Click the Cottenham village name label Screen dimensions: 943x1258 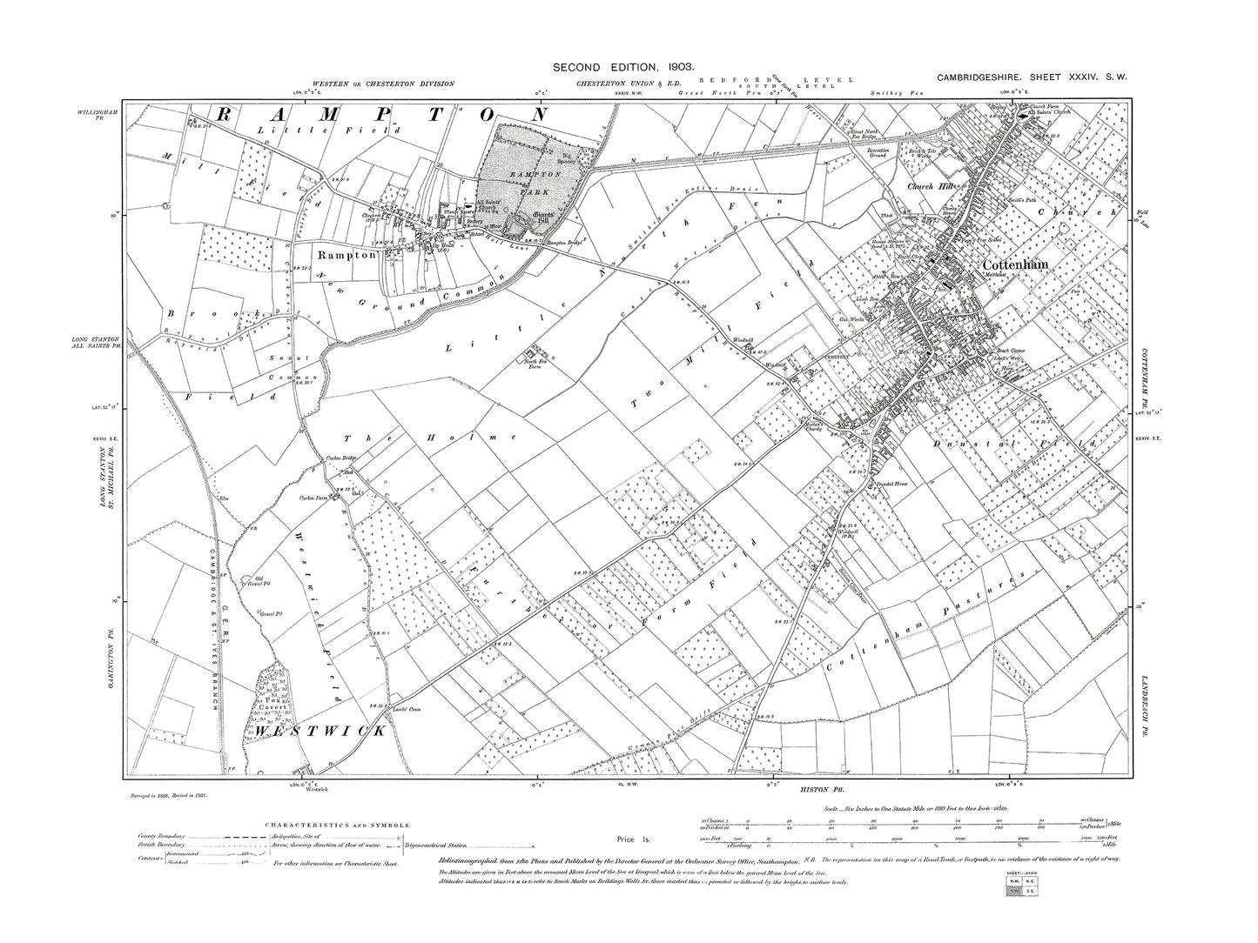pos(1014,264)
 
